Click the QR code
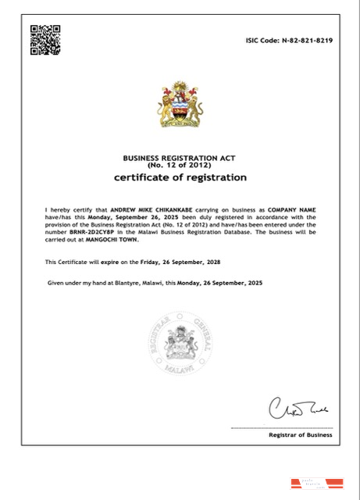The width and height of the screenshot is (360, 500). [x=45, y=40]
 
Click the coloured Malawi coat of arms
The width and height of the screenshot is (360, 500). [x=180, y=104]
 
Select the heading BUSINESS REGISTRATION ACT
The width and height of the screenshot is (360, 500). [x=180, y=159]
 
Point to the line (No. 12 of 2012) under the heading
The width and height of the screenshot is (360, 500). [x=180, y=166]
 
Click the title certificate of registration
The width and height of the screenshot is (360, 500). [x=180, y=178]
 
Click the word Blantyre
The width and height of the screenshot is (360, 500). [x=116, y=281]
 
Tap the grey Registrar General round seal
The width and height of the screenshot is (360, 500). [x=180, y=346]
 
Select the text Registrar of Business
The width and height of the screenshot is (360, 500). [x=299, y=435]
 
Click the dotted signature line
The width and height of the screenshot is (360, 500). [x=281, y=427]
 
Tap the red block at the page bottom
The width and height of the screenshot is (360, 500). [x=301, y=484]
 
